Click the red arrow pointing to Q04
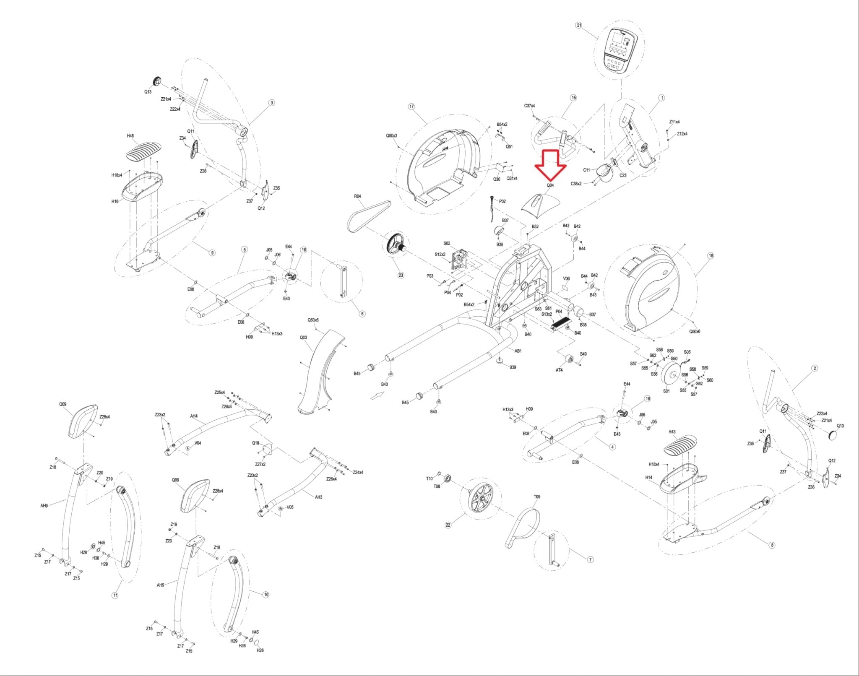tap(550, 166)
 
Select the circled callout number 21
tap(579, 25)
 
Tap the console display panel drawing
tap(619, 51)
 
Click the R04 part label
tap(357, 196)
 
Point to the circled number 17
tap(411, 107)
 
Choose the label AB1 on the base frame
tap(518, 351)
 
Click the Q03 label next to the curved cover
tap(303, 337)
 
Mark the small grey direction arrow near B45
tap(377, 395)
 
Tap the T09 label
tap(537, 497)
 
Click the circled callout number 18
tap(711, 255)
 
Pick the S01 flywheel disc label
tap(666, 391)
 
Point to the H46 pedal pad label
tap(130, 136)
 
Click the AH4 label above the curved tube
tap(194, 416)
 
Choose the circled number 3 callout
tap(272, 103)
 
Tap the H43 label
tap(672, 432)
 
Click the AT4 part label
tap(559, 370)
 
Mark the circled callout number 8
tap(772, 545)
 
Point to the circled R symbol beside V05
tap(280, 508)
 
